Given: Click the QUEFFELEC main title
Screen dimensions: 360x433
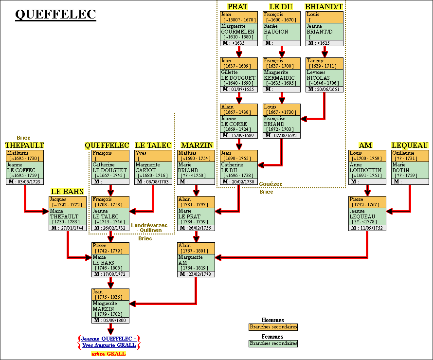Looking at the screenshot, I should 55,15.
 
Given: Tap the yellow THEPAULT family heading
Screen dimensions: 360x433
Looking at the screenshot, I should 25,145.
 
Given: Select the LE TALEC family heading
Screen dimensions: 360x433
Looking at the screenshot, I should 153,145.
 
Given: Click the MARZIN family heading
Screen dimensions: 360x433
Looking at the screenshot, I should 197,145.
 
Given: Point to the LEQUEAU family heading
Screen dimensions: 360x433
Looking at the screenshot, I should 410,145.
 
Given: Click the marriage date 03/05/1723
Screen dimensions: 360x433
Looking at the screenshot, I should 28,181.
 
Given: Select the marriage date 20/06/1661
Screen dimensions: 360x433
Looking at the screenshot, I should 327,89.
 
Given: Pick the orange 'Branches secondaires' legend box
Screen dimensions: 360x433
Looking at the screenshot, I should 273,327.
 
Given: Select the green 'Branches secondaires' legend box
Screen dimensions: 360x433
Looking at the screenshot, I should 273,343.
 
